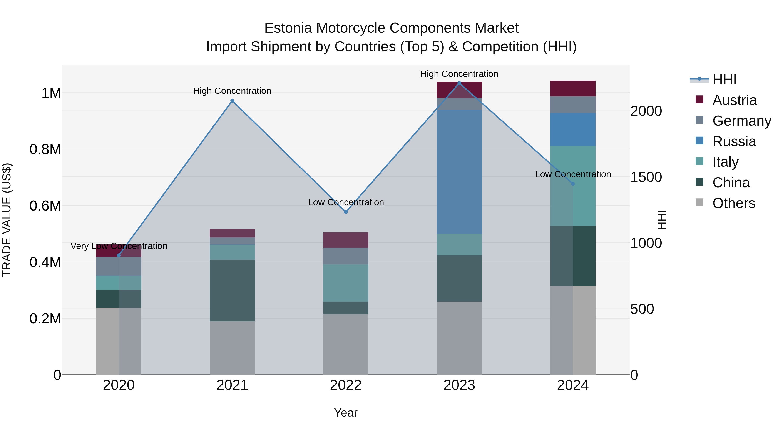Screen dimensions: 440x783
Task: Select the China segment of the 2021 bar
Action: (x=232, y=290)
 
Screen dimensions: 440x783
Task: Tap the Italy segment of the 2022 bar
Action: (x=346, y=283)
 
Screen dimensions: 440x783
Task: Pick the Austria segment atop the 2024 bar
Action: (x=573, y=89)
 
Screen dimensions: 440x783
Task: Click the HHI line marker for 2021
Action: (x=232, y=101)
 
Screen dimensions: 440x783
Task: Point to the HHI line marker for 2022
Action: (x=346, y=212)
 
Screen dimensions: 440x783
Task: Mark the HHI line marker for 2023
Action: (x=459, y=83)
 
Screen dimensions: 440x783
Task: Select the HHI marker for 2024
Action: (x=573, y=184)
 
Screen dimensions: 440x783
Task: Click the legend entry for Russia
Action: (x=734, y=141)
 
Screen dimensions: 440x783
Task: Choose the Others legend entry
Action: (x=733, y=203)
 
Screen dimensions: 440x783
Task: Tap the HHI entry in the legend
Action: (x=724, y=80)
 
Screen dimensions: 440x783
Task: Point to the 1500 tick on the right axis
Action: (x=646, y=177)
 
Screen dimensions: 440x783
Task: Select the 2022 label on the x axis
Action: (x=346, y=385)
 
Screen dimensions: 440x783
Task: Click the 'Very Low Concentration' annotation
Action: (x=119, y=246)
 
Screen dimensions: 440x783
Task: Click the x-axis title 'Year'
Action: (x=346, y=413)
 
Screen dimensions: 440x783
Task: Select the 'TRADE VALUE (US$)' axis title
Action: (x=7, y=220)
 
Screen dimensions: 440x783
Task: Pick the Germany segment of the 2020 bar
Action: (x=119, y=266)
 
